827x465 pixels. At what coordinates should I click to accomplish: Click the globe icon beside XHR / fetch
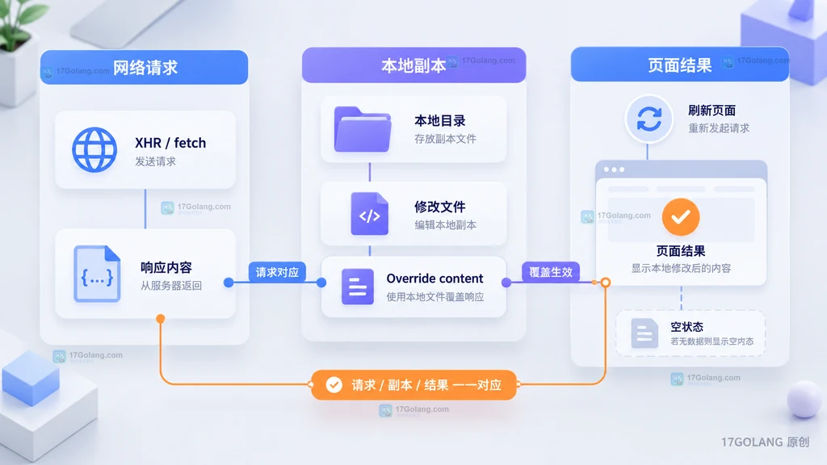(94, 149)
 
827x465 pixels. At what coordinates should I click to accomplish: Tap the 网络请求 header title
(145, 68)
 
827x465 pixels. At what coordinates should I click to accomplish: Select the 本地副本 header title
(413, 65)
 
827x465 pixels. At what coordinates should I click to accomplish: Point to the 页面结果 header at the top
(680, 65)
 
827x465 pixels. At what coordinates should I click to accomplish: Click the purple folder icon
(363, 129)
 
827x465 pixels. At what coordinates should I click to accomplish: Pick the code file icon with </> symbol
(369, 213)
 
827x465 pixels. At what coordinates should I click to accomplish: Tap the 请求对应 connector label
(277, 272)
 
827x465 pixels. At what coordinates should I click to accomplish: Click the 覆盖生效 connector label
(551, 272)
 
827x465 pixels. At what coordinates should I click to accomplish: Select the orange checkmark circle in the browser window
(681, 216)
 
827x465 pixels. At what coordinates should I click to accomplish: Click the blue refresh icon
(649, 119)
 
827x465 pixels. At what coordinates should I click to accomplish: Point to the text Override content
(434, 279)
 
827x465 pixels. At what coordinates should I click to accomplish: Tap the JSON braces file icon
(97, 274)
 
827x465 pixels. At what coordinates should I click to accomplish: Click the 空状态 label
(686, 327)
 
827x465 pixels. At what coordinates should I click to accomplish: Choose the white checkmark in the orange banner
(334, 385)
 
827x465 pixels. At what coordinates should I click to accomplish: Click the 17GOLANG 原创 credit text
(766, 442)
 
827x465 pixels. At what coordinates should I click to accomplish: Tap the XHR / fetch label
(170, 143)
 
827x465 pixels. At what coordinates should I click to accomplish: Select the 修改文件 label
(440, 207)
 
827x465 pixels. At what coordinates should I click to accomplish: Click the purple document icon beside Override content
(358, 287)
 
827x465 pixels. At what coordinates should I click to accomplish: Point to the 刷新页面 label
(712, 111)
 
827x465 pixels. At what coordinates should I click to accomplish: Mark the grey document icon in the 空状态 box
(644, 333)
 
